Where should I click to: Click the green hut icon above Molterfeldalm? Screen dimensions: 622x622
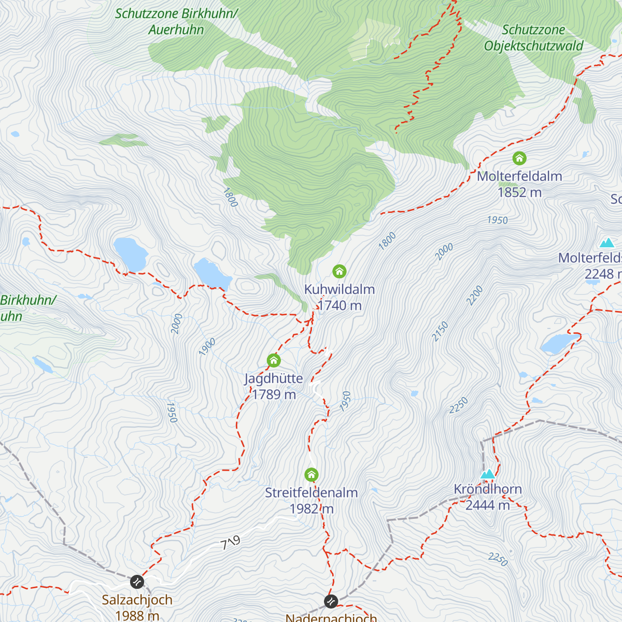tap(519, 158)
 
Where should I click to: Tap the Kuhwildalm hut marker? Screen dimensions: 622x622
tap(339, 271)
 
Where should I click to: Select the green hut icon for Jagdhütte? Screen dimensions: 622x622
tap(274, 360)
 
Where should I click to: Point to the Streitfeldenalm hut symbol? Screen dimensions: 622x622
tap(311, 475)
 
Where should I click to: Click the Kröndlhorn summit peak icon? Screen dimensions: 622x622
tap(487, 474)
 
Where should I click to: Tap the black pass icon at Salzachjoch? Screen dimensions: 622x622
tap(137, 582)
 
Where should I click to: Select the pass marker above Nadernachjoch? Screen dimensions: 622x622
tap(331, 601)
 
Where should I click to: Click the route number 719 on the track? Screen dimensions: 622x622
tap(230, 543)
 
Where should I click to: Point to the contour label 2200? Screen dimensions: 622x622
tap(474, 295)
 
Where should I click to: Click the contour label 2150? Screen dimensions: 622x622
tap(440, 332)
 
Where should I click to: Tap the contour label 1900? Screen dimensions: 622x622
tap(207, 347)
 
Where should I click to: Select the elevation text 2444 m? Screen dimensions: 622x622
tap(487, 505)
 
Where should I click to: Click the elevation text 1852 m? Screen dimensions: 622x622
tap(519, 192)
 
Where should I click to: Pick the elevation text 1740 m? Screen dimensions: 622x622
tap(340, 305)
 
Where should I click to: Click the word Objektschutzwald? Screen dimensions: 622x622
tap(533, 46)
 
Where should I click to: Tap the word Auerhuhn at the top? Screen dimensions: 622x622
tap(176, 30)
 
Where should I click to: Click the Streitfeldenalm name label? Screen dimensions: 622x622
tap(311, 492)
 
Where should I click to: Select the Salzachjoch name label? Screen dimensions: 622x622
tap(137, 600)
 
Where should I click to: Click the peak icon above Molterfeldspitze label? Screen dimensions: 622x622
tap(606, 243)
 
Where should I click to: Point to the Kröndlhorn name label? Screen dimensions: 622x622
tap(487, 489)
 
